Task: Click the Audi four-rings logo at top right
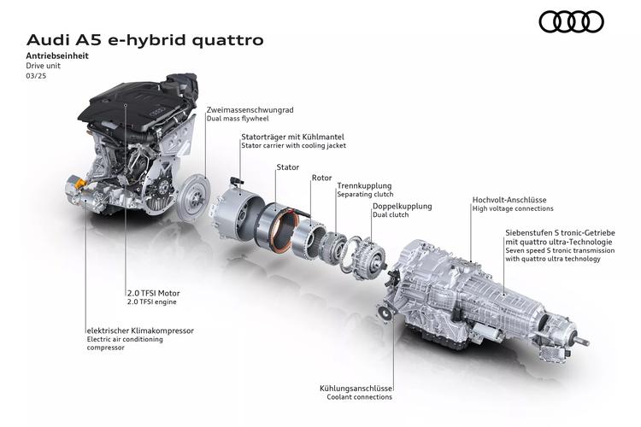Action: tap(571, 21)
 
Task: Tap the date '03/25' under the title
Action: tap(36, 76)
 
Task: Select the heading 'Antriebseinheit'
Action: tap(57, 56)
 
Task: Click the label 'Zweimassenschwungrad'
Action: tap(250, 110)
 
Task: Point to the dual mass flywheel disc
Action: tap(194, 198)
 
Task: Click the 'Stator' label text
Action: tap(288, 167)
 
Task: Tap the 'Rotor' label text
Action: tap(321, 178)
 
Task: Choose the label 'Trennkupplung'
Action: tap(364, 186)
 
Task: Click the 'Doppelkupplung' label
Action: tap(402, 207)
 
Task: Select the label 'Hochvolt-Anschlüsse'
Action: tap(509, 200)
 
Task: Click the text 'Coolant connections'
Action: tap(359, 397)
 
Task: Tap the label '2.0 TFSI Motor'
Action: tap(153, 293)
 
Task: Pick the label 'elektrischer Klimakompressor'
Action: tap(140, 330)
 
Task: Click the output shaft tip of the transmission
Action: tap(585, 342)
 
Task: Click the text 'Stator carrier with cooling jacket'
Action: tap(293, 145)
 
